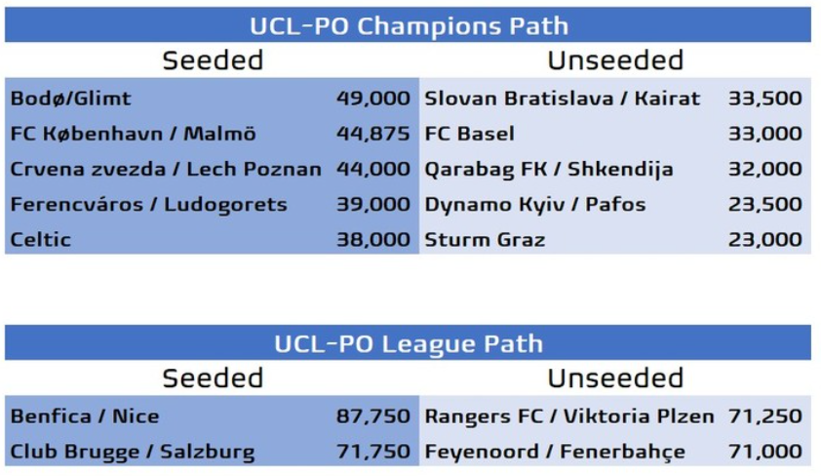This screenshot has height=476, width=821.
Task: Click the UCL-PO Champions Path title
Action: click(409, 25)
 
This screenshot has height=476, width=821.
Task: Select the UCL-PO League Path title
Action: click(409, 343)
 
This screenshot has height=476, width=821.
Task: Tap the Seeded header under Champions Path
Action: click(213, 60)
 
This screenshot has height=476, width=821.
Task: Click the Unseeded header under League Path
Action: click(615, 378)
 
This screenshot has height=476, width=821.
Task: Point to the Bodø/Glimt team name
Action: click(70, 99)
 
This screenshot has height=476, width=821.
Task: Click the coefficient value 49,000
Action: click(372, 99)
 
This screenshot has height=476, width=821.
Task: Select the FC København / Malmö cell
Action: click(133, 134)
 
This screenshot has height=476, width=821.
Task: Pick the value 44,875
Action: click(372, 134)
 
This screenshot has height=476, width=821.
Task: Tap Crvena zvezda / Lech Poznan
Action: click(166, 169)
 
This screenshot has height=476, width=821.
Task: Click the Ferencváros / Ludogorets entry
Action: click(149, 204)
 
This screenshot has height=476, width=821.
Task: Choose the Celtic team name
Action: click(40, 240)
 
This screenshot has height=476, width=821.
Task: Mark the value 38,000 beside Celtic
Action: click(372, 240)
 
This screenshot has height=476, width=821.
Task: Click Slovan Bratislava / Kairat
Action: click(563, 99)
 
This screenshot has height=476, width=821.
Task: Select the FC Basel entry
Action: click(470, 134)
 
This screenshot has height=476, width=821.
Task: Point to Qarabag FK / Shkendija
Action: click(549, 170)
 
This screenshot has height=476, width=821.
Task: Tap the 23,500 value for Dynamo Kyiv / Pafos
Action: click(765, 204)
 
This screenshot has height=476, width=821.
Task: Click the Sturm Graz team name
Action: click(485, 240)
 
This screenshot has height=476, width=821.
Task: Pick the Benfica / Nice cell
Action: click(85, 416)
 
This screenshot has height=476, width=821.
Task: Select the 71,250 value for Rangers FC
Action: click(765, 416)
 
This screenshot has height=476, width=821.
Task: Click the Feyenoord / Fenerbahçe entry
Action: click(555, 452)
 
